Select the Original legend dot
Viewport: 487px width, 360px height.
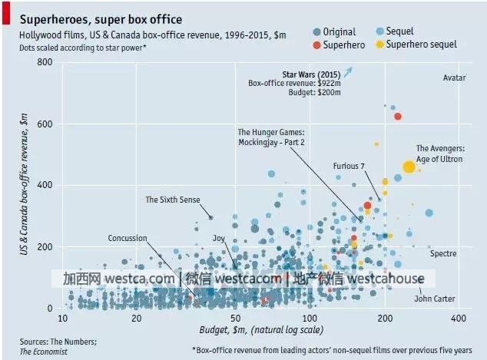tap(317, 31)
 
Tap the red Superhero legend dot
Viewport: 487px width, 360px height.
tap(317, 45)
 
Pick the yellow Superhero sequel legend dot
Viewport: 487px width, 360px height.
tap(379, 45)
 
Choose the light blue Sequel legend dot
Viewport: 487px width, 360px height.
tap(379, 31)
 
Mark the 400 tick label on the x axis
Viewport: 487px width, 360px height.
tap(459, 318)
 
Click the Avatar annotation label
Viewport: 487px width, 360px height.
tap(455, 78)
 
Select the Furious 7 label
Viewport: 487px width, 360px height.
tap(349, 166)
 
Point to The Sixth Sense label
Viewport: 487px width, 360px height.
tap(172, 200)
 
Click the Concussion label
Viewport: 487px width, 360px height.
tap(127, 238)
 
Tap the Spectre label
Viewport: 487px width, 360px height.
tap(443, 253)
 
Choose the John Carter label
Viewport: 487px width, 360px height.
tap(435, 299)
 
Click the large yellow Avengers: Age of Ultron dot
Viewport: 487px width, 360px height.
tap(409, 167)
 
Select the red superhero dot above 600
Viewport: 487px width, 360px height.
tap(397, 116)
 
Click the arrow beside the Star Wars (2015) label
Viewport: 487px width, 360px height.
tap(347, 72)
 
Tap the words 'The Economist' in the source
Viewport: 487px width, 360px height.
tap(44, 351)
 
